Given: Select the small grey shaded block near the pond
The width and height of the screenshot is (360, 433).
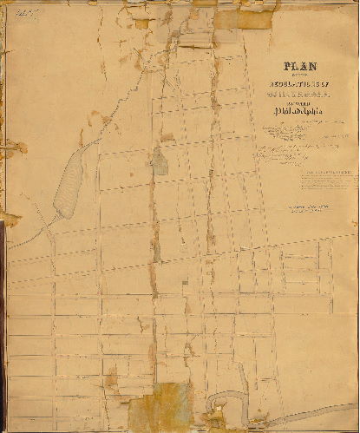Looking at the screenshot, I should pyautogui.click(x=160, y=161).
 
